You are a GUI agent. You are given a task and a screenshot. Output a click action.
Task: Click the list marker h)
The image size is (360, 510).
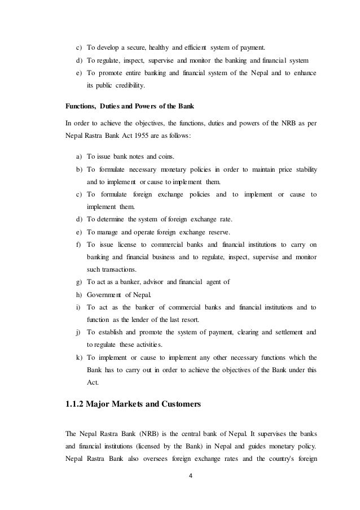pyautogui.click(x=78, y=294)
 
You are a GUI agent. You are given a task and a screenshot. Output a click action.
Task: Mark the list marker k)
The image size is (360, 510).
pyautogui.click(x=78, y=357)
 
